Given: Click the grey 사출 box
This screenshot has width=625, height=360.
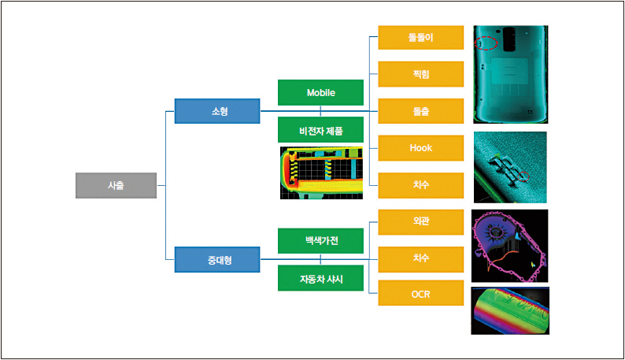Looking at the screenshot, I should [116, 185].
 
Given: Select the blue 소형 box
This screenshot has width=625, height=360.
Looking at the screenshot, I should [217, 111].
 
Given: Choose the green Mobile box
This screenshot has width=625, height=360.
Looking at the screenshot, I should [320, 92].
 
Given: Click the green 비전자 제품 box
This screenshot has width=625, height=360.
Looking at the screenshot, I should [320, 129].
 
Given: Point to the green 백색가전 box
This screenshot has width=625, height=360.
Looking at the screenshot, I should [320, 239].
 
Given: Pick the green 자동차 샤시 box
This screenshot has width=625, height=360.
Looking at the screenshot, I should [320, 278].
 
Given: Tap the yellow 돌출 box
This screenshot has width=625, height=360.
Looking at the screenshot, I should [420, 111].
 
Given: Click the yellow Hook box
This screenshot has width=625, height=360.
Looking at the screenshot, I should [420, 147].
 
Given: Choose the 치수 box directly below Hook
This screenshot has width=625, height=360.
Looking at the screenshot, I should [420, 185].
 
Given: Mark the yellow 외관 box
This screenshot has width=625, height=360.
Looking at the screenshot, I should [420, 221].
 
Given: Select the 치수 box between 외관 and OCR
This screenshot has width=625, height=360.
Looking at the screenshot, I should [420, 258].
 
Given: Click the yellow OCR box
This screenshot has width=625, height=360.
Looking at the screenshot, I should [420, 295].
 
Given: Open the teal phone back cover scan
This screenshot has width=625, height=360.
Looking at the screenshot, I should [510, 74].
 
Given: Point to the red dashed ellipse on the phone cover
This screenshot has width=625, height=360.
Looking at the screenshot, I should [487, 43].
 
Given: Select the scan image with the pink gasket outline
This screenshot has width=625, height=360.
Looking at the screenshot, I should [509, 246].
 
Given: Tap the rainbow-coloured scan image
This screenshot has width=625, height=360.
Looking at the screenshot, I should [509, 310].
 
